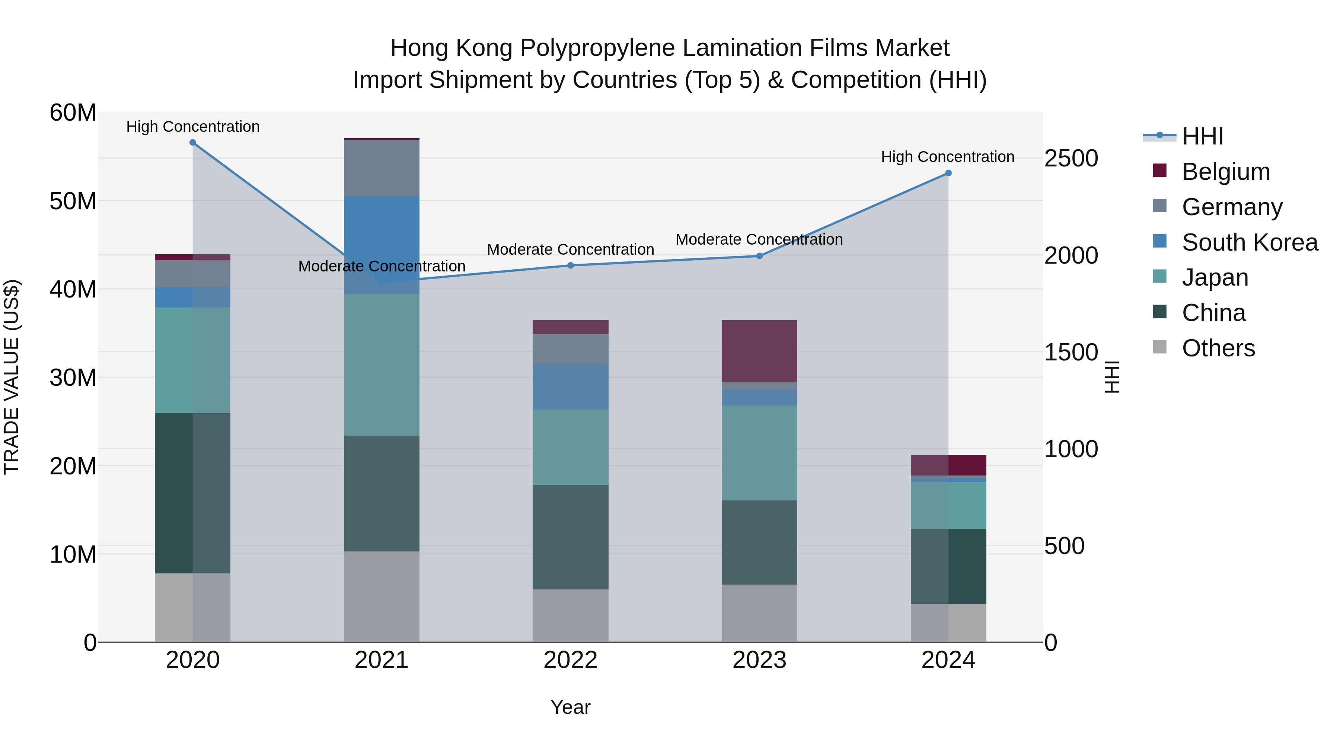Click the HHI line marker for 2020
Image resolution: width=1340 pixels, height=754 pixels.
[x=192, y=143]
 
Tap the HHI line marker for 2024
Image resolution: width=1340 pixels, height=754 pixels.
[x=948, y=173]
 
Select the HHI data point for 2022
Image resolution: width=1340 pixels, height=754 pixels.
[x=570, y=265]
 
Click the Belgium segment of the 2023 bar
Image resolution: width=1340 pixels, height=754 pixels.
[x=759, y=351]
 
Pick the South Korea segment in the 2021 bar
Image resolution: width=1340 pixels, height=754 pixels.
[x=381, y=245]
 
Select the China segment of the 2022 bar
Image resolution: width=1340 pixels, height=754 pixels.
[x=570, y=537]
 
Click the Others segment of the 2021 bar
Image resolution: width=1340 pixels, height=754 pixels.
[x=381, y=596]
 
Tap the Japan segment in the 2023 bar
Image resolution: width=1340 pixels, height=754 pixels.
[x=759, y=453]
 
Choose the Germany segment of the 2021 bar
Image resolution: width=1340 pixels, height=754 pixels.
[x=381, y=168]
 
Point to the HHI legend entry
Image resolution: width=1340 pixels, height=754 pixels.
[x=1202, y=136]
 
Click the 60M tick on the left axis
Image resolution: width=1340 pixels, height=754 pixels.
[x=73, y=113]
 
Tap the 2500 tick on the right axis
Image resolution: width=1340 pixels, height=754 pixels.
[x=1071, y=158]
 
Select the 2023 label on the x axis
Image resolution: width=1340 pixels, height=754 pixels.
[x=759, y=660]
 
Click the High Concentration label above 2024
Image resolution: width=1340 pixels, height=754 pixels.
[x=947, y=157]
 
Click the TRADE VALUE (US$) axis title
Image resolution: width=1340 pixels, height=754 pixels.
[x=12, y=377]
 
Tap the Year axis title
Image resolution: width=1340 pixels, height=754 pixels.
[x=570, y=707]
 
